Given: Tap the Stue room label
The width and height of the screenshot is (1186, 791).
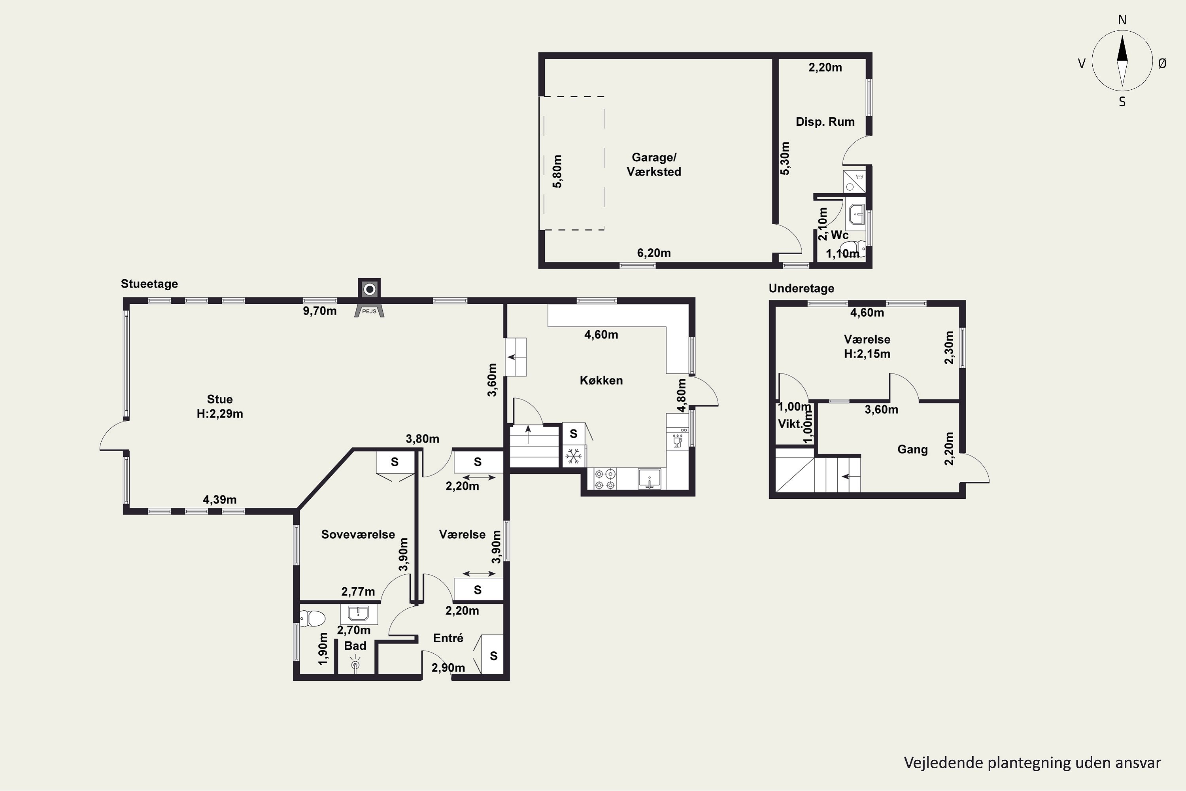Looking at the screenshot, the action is (x=220, y=399).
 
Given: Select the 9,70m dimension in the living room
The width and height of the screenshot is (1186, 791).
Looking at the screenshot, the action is (x=320, y=311).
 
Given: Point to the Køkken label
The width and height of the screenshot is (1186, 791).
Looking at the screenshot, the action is (x=601, y=380).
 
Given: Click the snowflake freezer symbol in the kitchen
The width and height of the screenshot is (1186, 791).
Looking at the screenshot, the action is (x=573, y=456).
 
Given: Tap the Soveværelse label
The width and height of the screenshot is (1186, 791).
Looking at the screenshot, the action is (x=358, y=535).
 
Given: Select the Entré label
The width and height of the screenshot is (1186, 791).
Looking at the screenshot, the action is (x=448, y=638).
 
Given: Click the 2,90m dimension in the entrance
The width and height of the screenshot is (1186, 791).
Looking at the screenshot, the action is (x=448, y=668).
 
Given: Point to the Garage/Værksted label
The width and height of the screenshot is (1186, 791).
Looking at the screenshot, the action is (x=654, y=165).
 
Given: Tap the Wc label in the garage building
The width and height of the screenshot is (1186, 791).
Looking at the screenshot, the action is (x=840, y=235).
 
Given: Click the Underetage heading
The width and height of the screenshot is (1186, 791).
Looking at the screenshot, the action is (x=801, y=289).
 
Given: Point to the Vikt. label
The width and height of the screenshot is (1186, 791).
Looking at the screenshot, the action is (x=790, y=424).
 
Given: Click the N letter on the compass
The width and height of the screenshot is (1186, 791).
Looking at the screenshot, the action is (x=1122, y=20).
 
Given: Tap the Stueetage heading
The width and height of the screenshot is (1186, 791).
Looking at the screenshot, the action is (x=149, y=284).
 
